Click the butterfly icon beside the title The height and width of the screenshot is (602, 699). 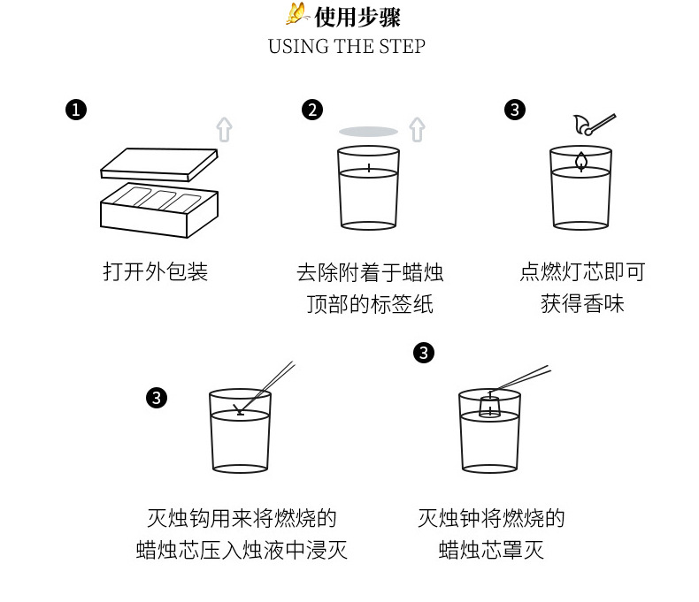pyautogui.click(x=297, y=13)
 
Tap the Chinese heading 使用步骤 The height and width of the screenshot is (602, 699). pyautogui.click(x=357, y=17)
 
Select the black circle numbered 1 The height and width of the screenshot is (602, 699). pyautogui.click(x=76, y=110)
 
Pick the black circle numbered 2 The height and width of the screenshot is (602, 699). pyautogui.click(x=312, y=110)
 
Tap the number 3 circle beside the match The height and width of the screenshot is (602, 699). pyautogui.click(x=515, y=110)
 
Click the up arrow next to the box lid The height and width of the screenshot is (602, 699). pyautogui.click(x=224, y=130)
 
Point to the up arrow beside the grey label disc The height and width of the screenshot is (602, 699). pyautogui.click(x=418, y=130)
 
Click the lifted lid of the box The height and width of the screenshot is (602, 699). pyautogui.click(x=159, y=164)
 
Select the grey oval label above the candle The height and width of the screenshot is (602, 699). pyautogui.click(x=368, y=132)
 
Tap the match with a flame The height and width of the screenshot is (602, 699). pyautogui.click(x=595, y=125)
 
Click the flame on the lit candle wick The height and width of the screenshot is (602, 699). pyautogui.click(x=580, y=161)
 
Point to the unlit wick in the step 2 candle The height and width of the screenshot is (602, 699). pyautogui.click(x=369, y=167)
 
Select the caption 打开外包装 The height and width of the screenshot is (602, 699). pyautogui.click(x=155, y=271)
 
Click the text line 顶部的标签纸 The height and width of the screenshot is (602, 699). pyautogui.click(x=370, y=304)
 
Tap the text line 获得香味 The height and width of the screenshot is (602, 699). pyautogui.click(x=582, y=304)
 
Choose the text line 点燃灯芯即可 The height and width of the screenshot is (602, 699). pyautogui.click(x=582, y=271)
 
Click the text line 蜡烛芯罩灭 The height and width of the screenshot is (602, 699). pyautogui.click(x=491, y=551)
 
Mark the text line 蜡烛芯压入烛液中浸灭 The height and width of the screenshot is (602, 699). pyautogui.click(x=242, y=551)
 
